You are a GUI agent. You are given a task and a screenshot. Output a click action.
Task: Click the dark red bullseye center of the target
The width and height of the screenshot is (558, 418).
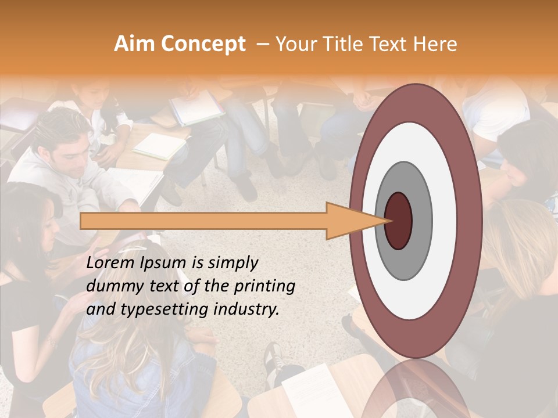[398, 221]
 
